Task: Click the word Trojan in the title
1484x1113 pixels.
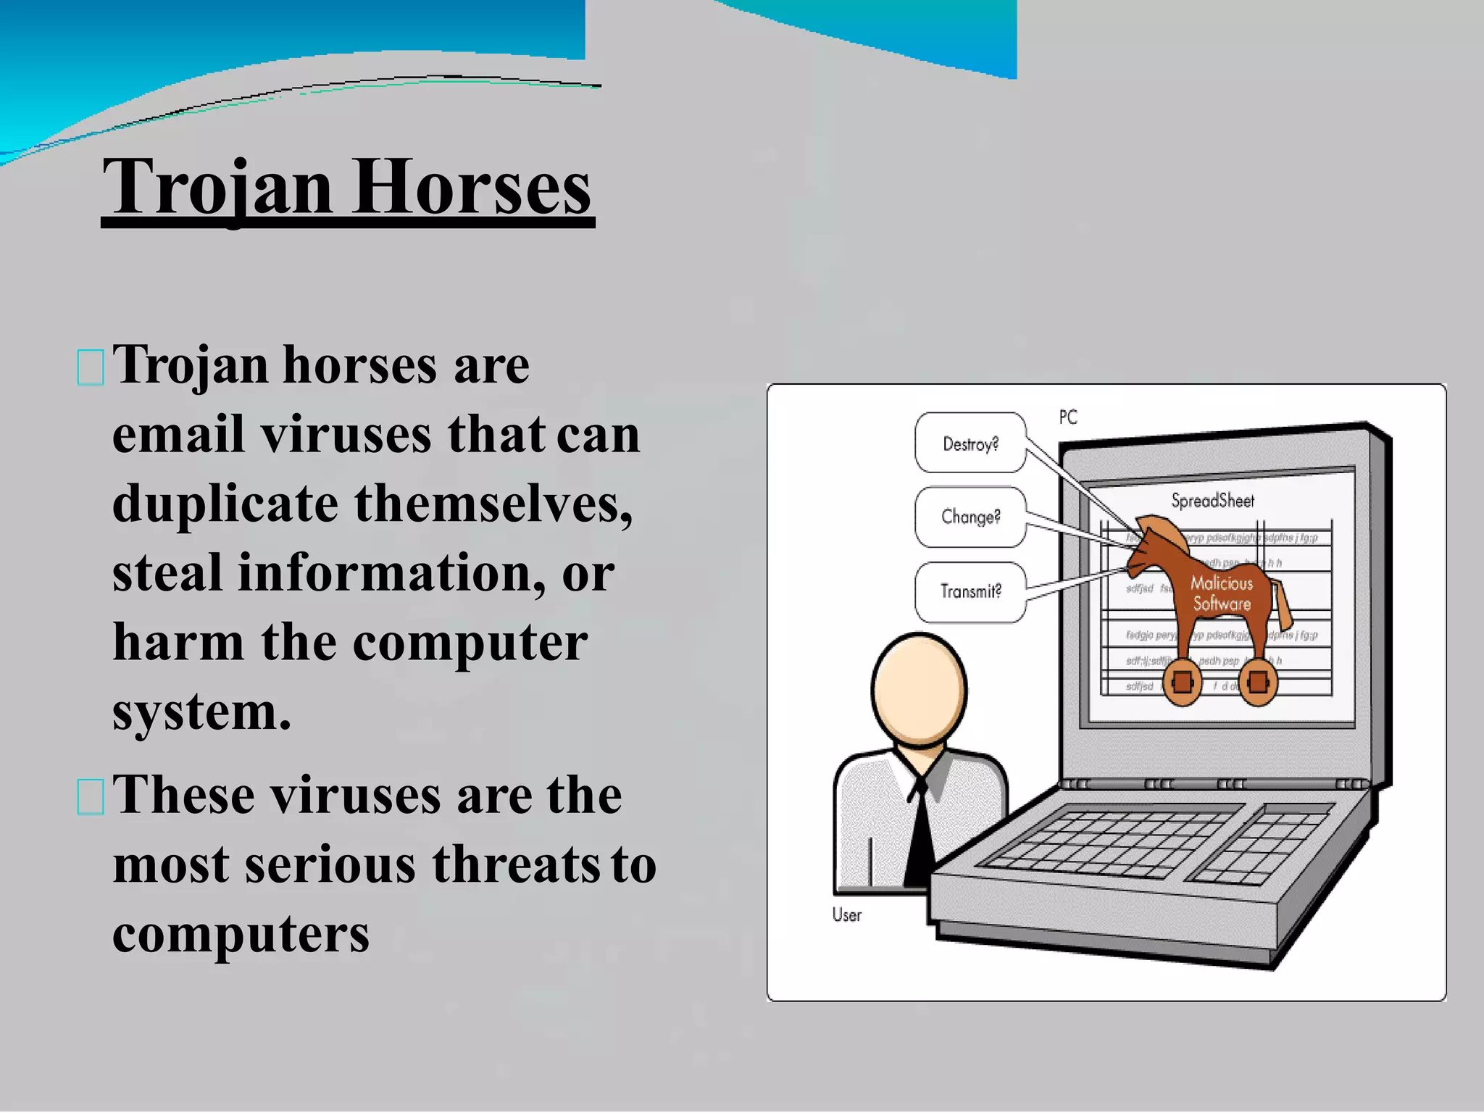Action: point(217,188)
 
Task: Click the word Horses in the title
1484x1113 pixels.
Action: point(472,188)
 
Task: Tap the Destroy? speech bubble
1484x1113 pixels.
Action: point(970,443)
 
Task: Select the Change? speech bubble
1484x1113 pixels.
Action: point(970,517)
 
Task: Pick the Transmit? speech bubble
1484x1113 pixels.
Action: point(970,591)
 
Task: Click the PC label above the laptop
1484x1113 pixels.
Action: point(1068,417)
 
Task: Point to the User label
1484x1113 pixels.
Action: point(846,915)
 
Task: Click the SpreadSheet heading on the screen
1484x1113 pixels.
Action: point(1212,501)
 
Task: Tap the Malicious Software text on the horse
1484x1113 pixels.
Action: point(1222,593)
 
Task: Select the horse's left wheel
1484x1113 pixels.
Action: point(1182,682)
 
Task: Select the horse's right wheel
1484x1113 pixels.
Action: point(1258,682)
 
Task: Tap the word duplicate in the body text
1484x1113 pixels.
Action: point(225,504)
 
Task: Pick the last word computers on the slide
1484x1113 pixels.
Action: point(241,934)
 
